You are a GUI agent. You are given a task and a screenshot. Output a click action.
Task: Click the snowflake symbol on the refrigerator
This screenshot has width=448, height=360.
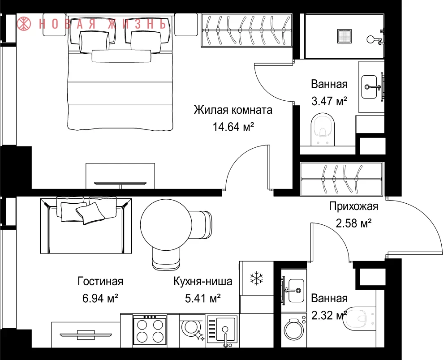pos(257,279)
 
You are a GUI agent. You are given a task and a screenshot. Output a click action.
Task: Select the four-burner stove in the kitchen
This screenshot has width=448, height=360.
pos(150,330)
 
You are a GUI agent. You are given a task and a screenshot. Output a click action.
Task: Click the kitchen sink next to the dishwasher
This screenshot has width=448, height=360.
pos(222,331)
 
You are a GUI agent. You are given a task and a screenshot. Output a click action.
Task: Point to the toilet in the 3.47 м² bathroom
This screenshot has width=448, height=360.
pos(323,129)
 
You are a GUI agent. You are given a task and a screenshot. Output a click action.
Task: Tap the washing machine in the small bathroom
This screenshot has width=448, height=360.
pos(294,330)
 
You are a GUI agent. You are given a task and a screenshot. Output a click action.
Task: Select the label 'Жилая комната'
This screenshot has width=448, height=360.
pos(233,110)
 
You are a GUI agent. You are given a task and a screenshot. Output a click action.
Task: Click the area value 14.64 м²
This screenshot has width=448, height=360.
pos(233,127)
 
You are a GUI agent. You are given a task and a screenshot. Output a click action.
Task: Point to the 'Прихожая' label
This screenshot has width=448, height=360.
pos(353,206)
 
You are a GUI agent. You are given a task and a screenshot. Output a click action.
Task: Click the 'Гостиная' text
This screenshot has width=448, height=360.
pos(100,282)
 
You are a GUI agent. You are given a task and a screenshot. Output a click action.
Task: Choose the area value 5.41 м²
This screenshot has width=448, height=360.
pos(202,299)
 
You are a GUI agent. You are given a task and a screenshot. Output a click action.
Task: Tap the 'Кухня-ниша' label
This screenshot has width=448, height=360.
pos(203,282)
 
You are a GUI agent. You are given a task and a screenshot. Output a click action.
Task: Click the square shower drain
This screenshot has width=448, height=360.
pos(344,36)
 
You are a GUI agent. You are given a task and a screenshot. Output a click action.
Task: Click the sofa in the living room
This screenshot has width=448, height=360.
pos(86,226)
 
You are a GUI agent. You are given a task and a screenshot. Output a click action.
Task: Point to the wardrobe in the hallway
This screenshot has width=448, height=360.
pos(341,179)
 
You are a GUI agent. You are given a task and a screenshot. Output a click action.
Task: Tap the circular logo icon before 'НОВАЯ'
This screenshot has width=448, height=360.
pos(24,24)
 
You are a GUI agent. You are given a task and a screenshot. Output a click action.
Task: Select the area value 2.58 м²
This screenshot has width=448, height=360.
pos(353,223)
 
